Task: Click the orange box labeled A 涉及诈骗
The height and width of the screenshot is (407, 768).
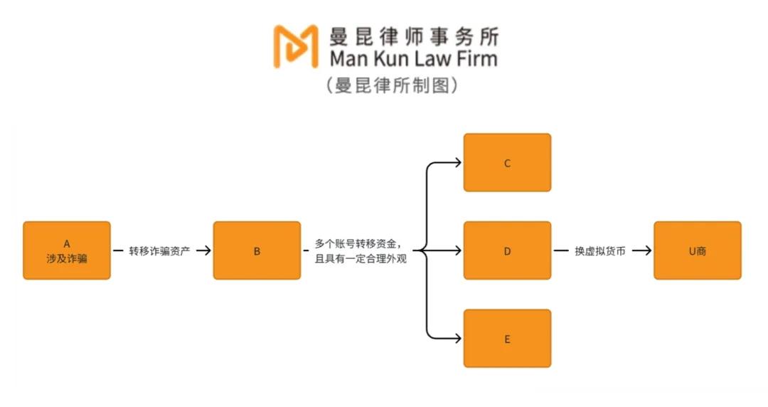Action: [67, 250]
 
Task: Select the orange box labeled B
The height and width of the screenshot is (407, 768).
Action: [257, 250]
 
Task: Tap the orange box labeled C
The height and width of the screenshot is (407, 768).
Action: [507, 163]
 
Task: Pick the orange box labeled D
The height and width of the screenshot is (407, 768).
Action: [507, 250]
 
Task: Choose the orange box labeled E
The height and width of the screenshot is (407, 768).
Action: [507, 339]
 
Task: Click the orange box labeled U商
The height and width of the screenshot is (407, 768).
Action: [697, 250]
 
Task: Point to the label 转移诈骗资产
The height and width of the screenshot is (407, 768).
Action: [160, 250]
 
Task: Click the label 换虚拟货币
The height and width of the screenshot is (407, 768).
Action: [600, 250]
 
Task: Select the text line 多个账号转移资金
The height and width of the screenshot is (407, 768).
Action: [362, 243]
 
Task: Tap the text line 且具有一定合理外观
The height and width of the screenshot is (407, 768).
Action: [361, 259]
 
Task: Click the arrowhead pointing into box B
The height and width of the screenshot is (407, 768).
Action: [206, 250]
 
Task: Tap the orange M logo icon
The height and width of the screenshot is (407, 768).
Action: [296, 46]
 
